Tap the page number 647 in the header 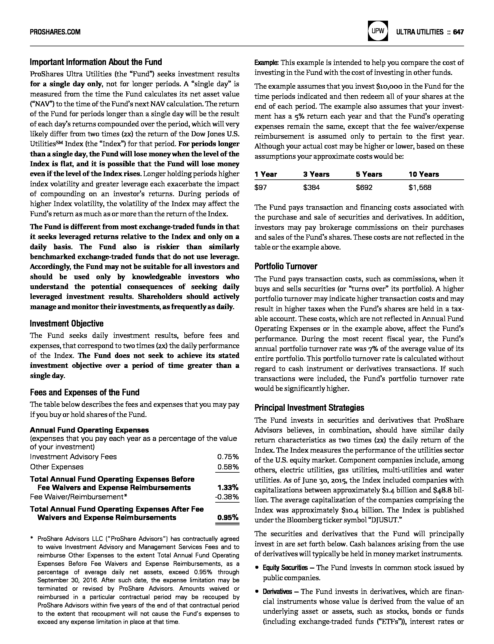pos(458,32)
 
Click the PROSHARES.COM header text pos(55,32)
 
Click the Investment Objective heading pos(66,323)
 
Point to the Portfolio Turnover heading pos(286,266)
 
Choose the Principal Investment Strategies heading pos(309,408)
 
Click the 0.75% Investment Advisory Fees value pos(228,457)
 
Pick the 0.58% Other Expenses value pos(228,467)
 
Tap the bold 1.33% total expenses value pos(228,487)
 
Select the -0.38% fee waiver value pos(227,497)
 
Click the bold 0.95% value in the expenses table pos(228,517)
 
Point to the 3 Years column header pos(316,174)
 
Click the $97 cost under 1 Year pos(260,188)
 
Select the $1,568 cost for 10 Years pos(420,188)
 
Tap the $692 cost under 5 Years pos(364,188)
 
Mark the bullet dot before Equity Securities pos(257,568)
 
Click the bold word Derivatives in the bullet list pos(277,592)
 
